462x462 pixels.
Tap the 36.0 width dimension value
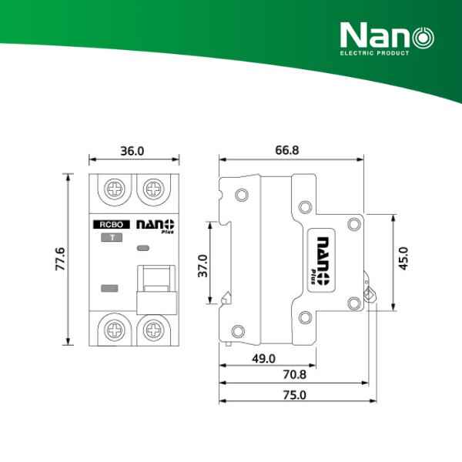pos(133,151)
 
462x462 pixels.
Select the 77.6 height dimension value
pos(60,259)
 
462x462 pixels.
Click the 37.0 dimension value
pos(203,267)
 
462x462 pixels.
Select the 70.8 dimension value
pos(293,377)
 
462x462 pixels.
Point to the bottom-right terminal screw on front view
pos(155,329)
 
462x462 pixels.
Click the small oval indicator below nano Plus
pos(143,249)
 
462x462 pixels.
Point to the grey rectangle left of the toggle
pos(110,289)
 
